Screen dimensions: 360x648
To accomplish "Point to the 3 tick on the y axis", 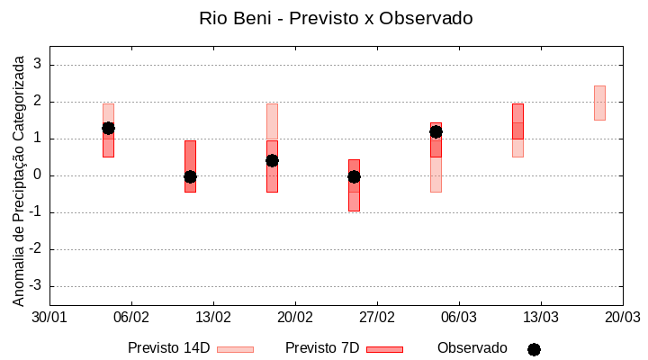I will (x=39, y=65).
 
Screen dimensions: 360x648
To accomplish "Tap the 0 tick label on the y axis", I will (x=39, y=175).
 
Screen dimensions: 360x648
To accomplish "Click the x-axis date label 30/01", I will (x=49, y=318).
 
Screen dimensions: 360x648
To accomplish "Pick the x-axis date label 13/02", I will (x=213, y=318).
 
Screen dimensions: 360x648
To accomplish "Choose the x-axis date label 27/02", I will (x=377, y=318).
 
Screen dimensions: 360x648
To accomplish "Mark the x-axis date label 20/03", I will (x=622, y=318).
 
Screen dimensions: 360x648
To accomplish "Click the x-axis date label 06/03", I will (x=459, y=318).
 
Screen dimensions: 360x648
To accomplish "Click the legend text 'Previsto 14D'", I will (x=168, y=348).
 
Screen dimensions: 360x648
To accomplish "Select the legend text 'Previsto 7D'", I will (x=322, y=348).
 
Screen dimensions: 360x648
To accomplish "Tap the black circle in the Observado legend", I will (x=534, y=349).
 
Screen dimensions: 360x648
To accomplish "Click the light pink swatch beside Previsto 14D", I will (x=235, y=349).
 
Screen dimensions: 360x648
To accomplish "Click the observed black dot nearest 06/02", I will (x=108, y=129).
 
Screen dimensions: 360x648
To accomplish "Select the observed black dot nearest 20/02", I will (x=272, y=160).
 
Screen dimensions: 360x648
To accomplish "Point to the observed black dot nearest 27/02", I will (x=354, y=176).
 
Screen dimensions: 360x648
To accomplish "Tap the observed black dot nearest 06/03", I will (x=436, y=131).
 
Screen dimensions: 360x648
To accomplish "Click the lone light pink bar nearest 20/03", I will (x=599, y=103).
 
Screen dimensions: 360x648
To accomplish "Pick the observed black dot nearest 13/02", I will (x=190, y=176).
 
